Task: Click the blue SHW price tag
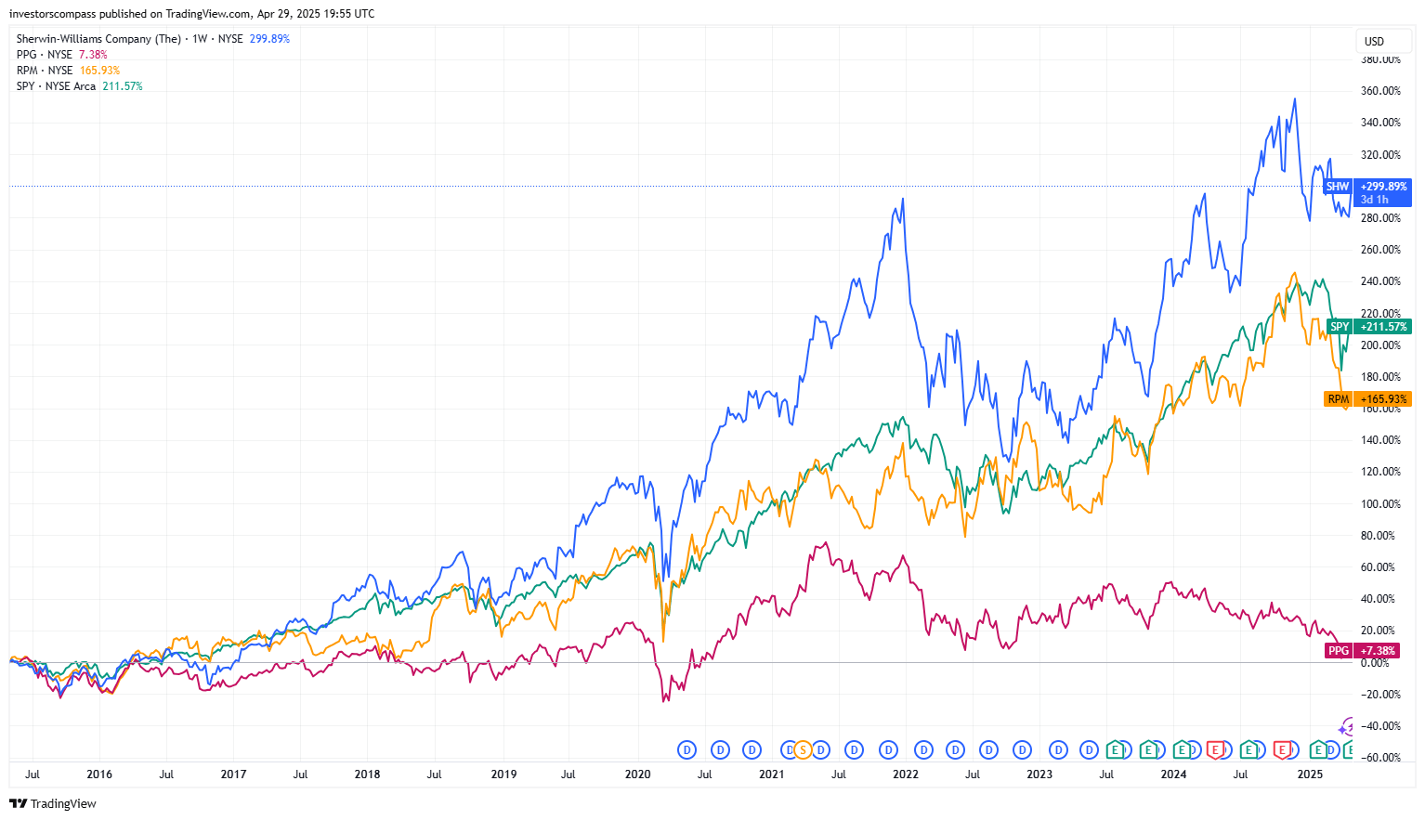point(1337,187)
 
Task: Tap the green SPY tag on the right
point(1339,327)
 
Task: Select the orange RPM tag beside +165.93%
point(1338,399)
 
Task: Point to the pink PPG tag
point(1338,651)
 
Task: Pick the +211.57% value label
point(1383,327)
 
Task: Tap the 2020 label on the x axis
point(637,774)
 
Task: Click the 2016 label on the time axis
point(99,774)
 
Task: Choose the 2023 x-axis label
point(1039,774)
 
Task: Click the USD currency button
point(1374,42)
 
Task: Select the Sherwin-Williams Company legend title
point(98,39)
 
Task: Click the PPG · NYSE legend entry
point(45,55)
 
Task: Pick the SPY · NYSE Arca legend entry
point(56,86)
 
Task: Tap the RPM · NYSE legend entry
point(45,71)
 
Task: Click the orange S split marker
point(803,750)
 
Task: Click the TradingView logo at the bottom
point(54,804)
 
